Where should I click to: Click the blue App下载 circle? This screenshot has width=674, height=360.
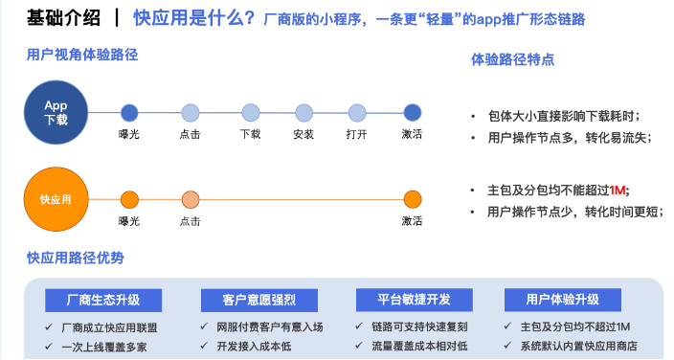click(56, 112)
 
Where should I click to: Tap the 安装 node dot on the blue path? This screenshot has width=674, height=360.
click(304, 112)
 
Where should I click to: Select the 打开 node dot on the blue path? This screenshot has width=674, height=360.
click(357, 112)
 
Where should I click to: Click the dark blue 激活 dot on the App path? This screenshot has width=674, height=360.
click(413, 112)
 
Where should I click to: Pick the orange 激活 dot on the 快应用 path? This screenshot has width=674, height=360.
click(413, 199)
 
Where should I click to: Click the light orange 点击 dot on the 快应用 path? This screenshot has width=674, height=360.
click(190, 199)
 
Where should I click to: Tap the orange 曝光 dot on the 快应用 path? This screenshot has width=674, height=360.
click(129, 199)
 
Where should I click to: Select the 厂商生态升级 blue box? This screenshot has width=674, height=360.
click(102, 301)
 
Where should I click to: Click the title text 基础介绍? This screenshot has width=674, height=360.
click(62, 17)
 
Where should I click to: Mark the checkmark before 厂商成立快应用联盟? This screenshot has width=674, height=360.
click(50, 327)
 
